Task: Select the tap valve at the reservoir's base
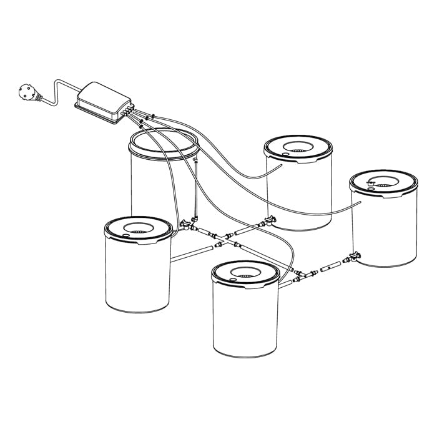click(186, 223)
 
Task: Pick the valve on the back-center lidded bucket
click(270, 220)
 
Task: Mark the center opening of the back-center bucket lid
click(298, 149)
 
